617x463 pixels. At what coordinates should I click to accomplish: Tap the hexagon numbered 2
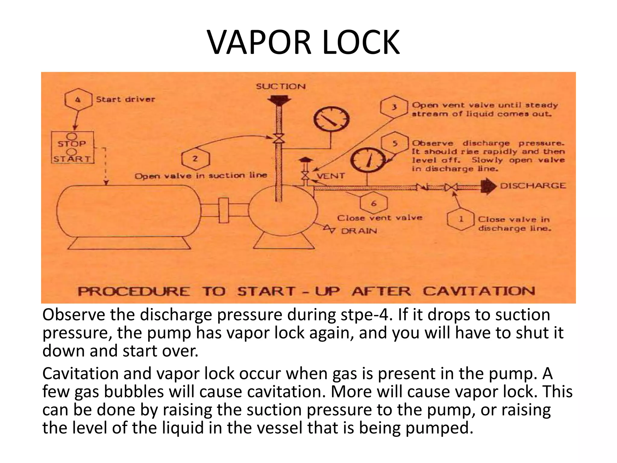tap(196, 159)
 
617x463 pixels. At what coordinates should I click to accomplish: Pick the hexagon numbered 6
tap(374, 203)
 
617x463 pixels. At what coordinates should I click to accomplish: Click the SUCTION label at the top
tap(281, 87)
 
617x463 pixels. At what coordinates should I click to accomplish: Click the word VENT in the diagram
tap(330, 176)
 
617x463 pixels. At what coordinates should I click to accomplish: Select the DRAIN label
tap(359, 231)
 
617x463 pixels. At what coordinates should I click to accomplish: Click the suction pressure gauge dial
tap(331, 121)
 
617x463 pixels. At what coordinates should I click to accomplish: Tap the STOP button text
tap(72, 144)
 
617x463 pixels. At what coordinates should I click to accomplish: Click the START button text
tap(72, 159)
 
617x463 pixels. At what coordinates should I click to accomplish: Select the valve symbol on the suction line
tap(279, 139)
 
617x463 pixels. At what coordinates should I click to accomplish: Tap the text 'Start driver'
tap(125, 99)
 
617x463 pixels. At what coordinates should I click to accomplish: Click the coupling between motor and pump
tap(223, 210)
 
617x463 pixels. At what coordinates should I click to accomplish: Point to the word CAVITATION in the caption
tap(479, 291)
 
